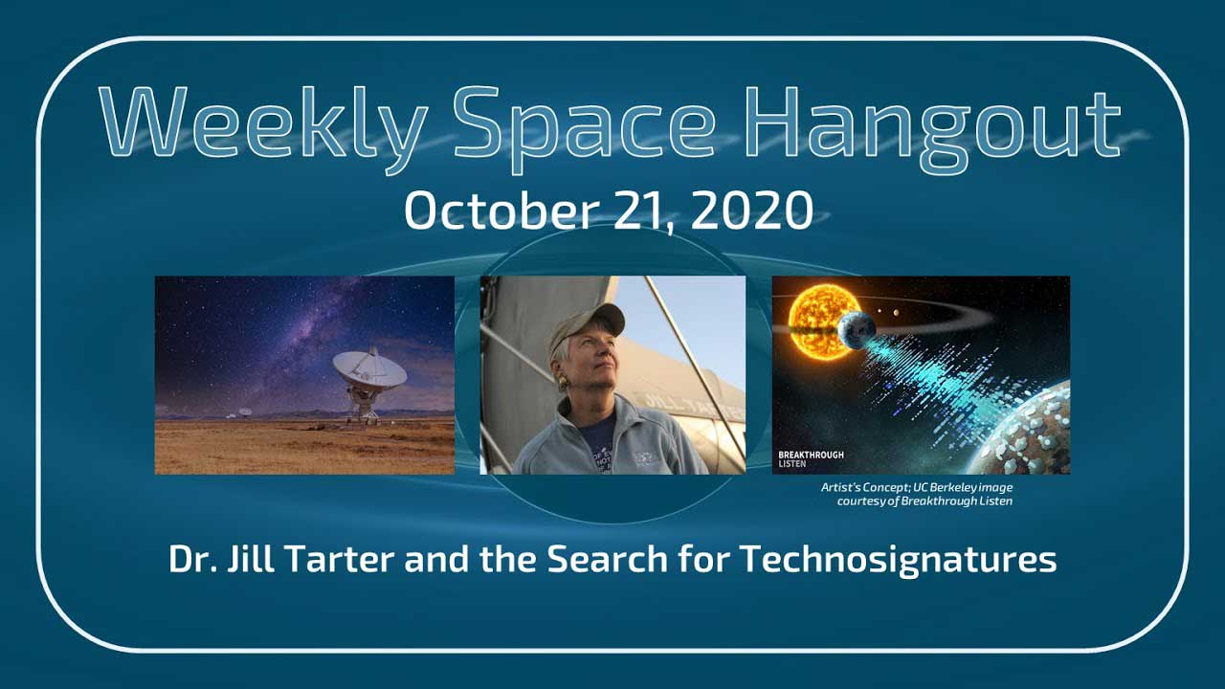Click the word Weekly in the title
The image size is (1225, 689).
tap(263, 129)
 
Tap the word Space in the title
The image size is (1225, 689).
tap(584, 129)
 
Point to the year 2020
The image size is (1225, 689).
tap(751, 211)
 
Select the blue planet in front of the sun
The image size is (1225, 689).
tap(857, 330)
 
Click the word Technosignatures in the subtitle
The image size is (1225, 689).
tap(898, 560)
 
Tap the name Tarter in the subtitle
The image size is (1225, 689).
tap(340, 559)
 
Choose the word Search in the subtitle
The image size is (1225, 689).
tap(607, 559)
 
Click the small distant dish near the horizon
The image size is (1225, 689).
tap(244, 411)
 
